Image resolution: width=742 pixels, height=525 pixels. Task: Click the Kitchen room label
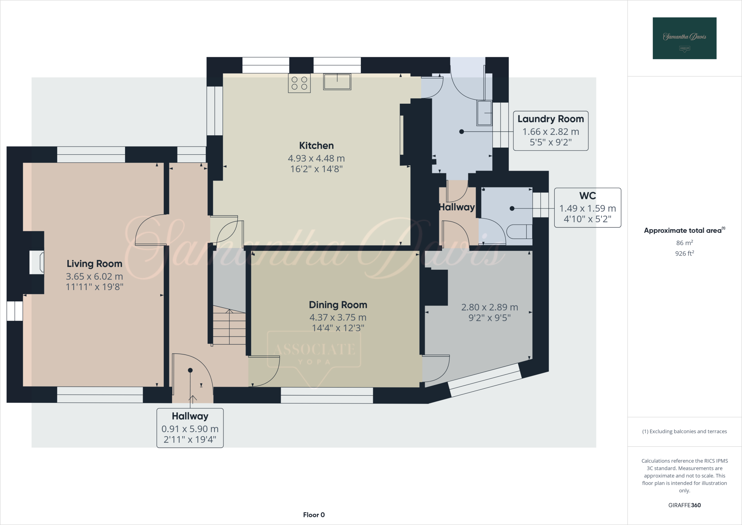coord(316,146)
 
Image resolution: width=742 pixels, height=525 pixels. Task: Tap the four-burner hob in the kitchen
coord(299,83)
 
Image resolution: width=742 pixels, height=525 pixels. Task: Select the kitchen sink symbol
coord(337,82)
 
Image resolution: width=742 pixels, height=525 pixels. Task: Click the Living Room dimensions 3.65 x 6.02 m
coord(94,276)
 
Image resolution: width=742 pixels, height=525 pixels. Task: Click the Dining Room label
coord(338,305)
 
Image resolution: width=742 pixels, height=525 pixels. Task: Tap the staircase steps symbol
coord(229,328)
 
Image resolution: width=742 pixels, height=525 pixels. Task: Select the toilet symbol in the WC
coord(519,232)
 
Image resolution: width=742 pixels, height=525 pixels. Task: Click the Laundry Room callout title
coord(550,119)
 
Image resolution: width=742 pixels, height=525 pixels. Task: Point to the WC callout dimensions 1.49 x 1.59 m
coord(587,208)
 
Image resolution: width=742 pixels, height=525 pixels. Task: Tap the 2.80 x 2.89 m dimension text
coord(489,307)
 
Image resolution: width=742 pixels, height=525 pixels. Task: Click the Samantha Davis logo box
coord(684,38)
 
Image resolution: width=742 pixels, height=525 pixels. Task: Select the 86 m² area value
coord(684,243)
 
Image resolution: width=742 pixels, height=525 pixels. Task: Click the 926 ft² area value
coord(684,253)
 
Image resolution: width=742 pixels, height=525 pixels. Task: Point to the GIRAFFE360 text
coord(684,505)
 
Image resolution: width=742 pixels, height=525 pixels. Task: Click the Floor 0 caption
coord(314,515)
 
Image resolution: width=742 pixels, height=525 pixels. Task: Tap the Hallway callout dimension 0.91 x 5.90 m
coord(190,429)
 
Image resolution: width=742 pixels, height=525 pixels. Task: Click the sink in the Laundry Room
coord(484,113)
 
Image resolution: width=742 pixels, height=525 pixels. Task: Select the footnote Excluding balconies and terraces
coord(684,431)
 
